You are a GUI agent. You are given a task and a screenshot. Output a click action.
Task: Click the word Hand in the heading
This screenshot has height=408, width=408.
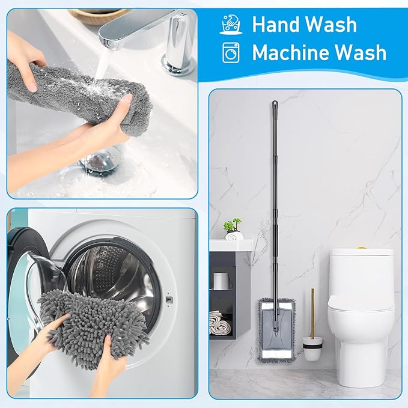click(x=276, y=25)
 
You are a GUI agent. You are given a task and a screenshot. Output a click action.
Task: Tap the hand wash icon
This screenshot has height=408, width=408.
click(x=231, y=25)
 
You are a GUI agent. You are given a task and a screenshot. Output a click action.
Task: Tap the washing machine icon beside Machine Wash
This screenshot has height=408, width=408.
click(x=231, y=53)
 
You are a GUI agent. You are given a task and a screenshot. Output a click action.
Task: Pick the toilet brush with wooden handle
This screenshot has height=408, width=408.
click(x=312, y=336)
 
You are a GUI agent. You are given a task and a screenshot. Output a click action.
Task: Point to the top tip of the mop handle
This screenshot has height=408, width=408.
click(x=274, y=103)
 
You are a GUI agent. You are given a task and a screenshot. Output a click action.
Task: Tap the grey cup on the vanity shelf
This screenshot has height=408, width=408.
click(x=221, y=281)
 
